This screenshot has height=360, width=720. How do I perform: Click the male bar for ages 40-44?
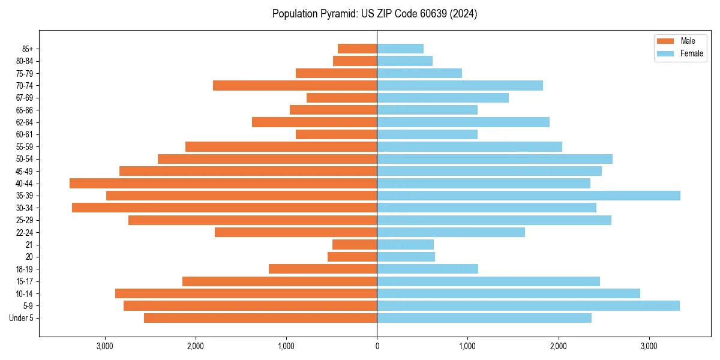[223, 184]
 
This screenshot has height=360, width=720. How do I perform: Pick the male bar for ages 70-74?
[295, 86]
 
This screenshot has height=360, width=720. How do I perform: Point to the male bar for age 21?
[355, 245]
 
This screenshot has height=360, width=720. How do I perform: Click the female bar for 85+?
[400, 49]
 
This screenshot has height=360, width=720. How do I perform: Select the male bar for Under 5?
[260, 318]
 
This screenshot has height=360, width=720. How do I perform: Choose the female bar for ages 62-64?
[463, 122]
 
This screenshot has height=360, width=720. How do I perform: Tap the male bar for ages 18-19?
[323, 269]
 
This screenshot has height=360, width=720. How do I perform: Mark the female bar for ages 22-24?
[451, 232]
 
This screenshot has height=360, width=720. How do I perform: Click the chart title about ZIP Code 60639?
[374, 14]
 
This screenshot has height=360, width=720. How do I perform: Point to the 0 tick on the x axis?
[377, 346]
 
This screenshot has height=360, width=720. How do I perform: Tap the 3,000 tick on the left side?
[105, 346]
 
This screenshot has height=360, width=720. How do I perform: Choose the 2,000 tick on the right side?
[558, 346]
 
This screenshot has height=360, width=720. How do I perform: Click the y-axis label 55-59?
[25, 147]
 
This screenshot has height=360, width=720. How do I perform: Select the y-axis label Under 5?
[22, 318]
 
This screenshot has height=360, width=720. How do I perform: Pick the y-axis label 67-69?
[25, 98]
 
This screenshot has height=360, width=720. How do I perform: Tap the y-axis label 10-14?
[25, 293]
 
